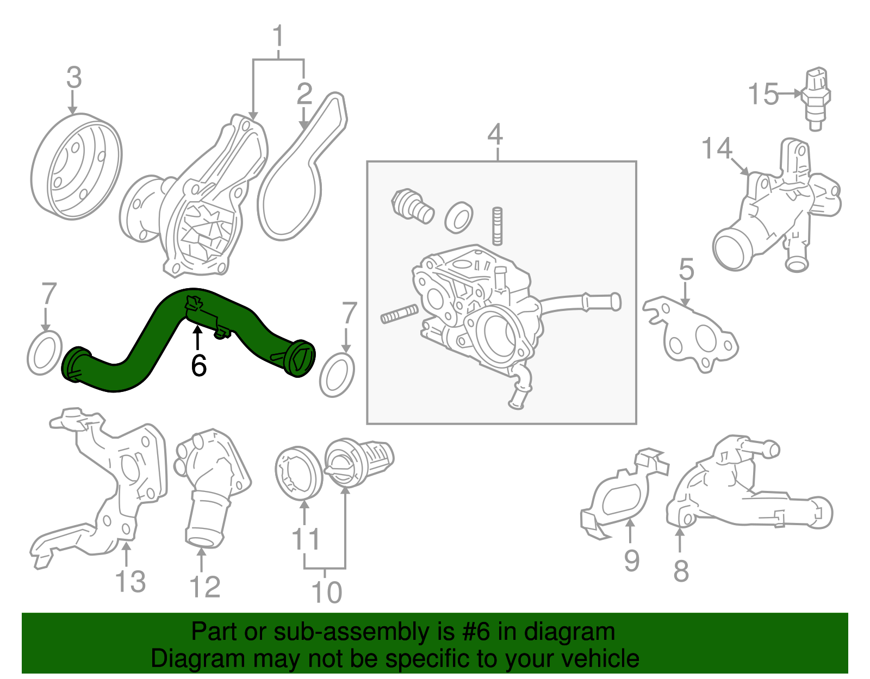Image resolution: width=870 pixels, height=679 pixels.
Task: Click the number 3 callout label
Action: click(74, 78)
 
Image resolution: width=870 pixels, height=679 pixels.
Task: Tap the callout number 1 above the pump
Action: click(278, 36)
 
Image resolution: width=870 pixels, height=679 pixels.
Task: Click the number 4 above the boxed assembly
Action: click(495, 134)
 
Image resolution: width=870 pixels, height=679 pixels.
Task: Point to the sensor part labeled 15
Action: click(815, 98)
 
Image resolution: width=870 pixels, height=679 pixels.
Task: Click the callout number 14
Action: click(717, 148)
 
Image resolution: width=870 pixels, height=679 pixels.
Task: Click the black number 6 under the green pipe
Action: click(198, 365)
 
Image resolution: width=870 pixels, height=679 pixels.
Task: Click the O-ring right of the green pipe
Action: click(337, 375)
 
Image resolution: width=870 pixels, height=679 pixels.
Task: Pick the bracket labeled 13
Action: click(109, 489)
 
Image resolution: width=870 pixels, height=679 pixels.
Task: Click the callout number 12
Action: click(205, 587)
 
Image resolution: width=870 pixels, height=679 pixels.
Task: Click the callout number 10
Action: click(326, 593)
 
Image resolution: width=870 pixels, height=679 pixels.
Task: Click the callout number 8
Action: click(681, 571)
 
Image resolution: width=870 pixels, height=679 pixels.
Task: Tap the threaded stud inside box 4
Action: click(497, 226)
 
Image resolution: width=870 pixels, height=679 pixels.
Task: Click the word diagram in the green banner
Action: click(582, 632)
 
